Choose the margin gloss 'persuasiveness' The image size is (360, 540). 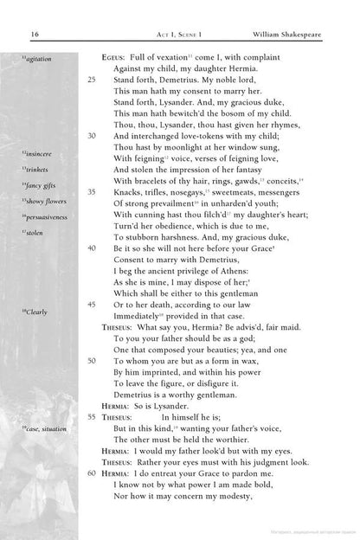(x=46, y=215)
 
